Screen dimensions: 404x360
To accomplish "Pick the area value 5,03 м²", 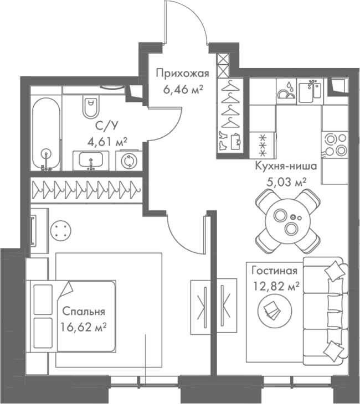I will [286, 180].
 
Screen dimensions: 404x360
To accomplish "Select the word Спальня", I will [84, 311].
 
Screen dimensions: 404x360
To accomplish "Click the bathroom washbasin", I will [92, 160].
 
